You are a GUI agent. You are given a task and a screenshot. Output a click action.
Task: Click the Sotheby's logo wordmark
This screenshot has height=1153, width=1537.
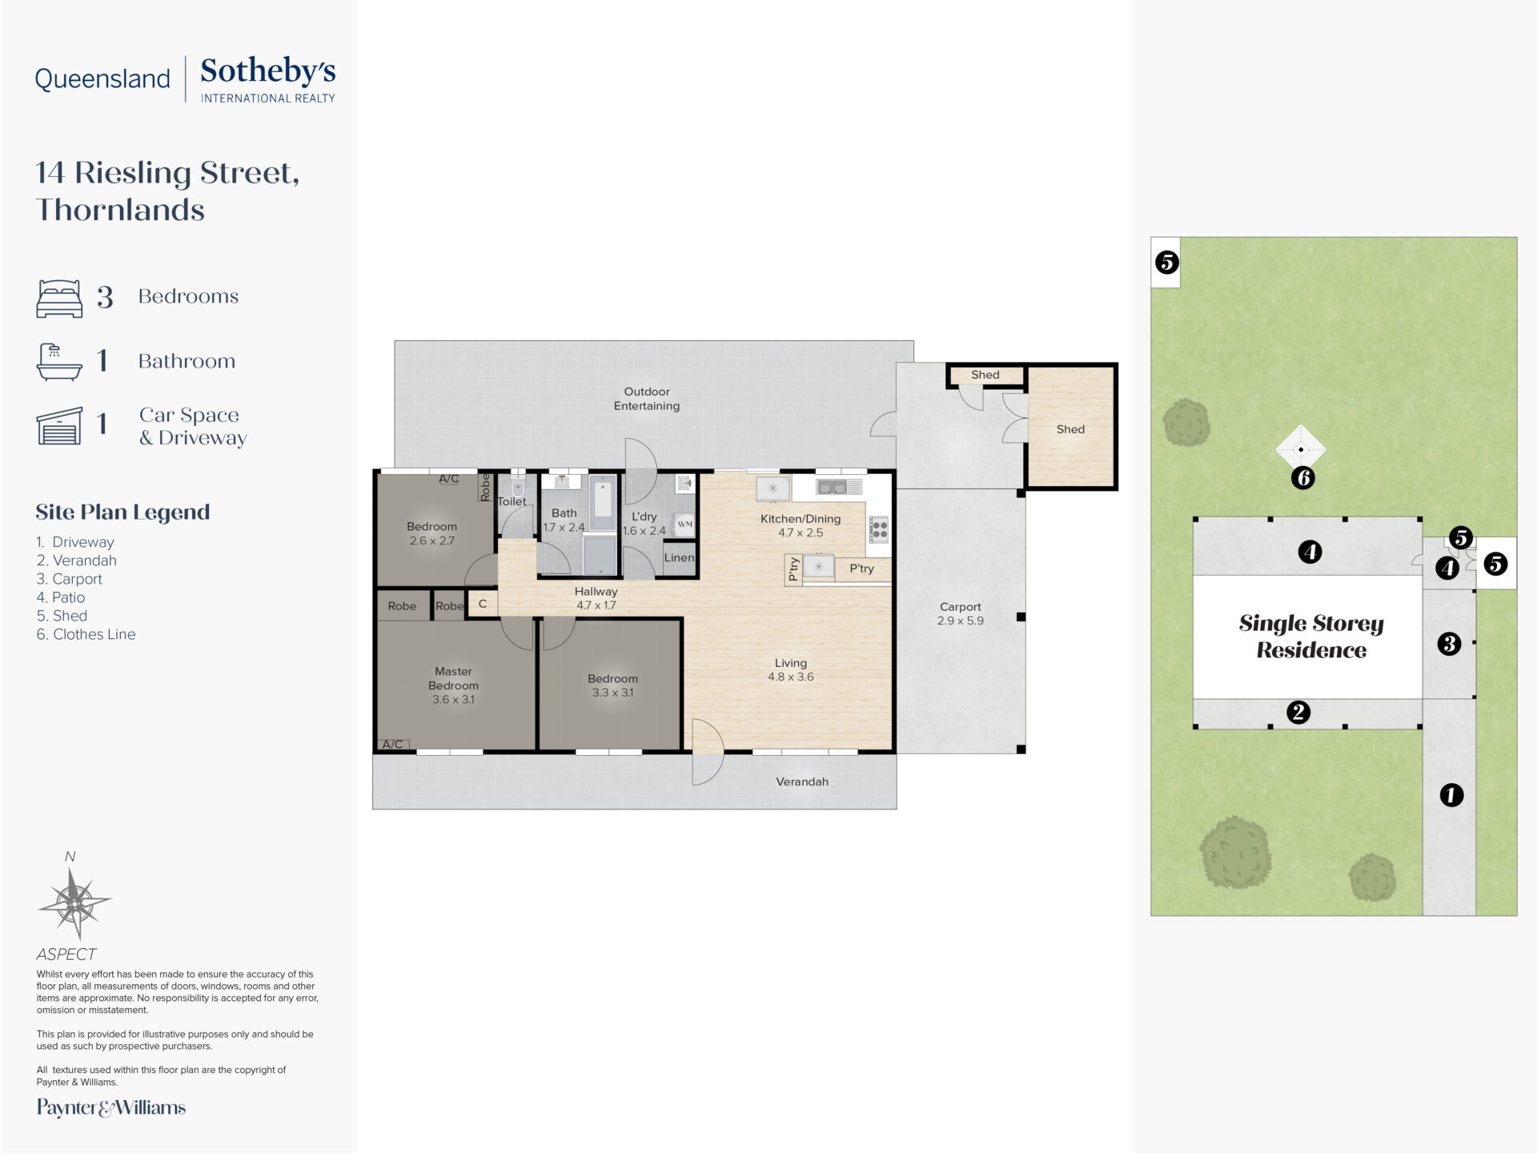pos(267,78)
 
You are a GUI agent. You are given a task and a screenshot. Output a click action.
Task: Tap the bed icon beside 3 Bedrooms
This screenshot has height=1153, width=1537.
pos(59,298)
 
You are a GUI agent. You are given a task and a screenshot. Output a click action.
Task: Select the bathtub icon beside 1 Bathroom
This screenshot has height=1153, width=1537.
pos(59,361)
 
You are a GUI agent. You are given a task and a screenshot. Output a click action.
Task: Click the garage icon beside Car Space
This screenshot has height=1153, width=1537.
pos(59,425)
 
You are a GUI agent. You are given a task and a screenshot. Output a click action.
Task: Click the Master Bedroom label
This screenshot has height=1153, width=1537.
pos(453,685)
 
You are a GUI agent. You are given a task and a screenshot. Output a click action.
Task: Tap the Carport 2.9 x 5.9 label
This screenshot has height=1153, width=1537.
pos(961,614)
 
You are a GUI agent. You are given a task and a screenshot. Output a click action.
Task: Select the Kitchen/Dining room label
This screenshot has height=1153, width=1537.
pos(801,525)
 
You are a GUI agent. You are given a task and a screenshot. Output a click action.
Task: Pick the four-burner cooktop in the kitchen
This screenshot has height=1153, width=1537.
pos(879,529)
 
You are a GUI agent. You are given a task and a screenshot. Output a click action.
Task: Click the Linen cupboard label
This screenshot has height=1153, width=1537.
pos(679,558)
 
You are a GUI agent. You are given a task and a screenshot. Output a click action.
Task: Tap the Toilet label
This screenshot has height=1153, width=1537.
pos(512,502)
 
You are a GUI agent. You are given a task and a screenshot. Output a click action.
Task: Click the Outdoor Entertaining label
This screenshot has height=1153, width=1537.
pos(647,399)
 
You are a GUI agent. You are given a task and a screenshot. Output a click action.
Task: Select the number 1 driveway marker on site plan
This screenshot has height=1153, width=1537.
pos(1451,795)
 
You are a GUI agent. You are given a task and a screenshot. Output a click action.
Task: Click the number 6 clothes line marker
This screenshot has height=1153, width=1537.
pos(1303,479)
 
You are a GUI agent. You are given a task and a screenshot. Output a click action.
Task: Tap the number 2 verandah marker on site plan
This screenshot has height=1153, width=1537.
pos(1298,713)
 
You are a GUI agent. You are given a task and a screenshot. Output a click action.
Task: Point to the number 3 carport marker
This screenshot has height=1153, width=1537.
pos(1450,644)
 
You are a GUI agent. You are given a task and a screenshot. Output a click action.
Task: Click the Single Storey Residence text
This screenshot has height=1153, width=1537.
pos(1311,637)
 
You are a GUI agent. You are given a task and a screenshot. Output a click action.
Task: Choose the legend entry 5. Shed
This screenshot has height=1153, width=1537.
pos(62,616)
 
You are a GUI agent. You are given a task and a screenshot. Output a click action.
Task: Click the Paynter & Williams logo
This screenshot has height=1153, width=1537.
pos(111,1108)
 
